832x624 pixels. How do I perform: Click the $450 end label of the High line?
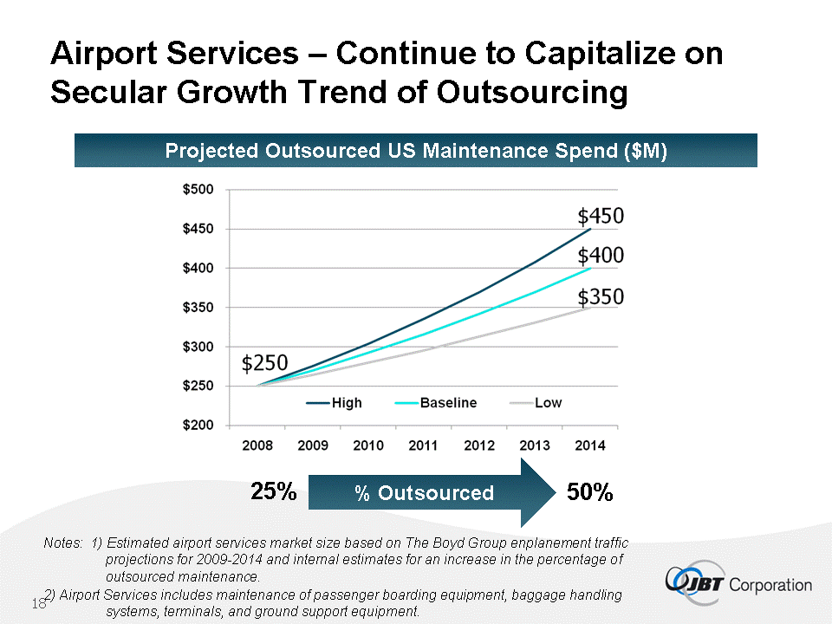click(x=601, y=216)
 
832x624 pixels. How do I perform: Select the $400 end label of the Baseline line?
click(x=601, y=256)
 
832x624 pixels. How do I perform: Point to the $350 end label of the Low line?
click(x=601, y=296)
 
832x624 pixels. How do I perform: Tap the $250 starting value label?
click(x=265, y=362)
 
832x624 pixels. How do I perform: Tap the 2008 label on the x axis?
click(x=257, y=445)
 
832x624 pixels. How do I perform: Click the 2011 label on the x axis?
click(x=423, y=445)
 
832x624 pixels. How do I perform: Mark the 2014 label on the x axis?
click(x=588, y=445)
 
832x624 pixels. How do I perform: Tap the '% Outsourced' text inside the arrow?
click(x=425, y=493)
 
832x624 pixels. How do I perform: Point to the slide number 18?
click(x=38, y=603)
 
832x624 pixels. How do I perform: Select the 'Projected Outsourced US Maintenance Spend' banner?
click(x=416, y=151)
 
